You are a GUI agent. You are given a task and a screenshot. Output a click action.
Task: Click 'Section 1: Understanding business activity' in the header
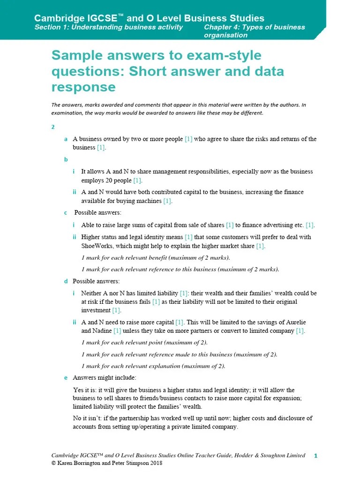(108, 27)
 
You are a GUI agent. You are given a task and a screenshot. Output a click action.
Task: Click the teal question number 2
(53, 127)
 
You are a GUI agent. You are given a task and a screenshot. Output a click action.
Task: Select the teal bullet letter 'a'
(66, 139)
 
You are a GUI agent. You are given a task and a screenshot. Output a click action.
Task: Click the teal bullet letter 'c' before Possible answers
(66, 213)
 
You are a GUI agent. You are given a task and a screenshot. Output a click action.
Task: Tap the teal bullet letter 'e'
(66, 377)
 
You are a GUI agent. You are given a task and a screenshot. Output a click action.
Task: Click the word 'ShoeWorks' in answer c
(96, 246)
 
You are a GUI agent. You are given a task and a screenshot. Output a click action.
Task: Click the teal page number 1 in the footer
(315, 456)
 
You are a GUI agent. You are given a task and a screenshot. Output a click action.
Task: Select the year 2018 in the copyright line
(155, 463)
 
